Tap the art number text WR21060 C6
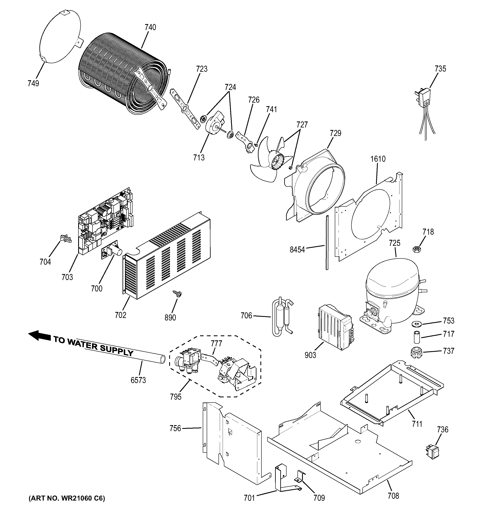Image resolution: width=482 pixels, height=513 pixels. [x=67, y=498]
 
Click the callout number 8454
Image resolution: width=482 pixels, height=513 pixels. [x=297, y=250]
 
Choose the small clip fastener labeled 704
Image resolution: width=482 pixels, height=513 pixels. [x=66, y=238]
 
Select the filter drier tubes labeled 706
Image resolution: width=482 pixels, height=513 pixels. [x=282, y=317]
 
